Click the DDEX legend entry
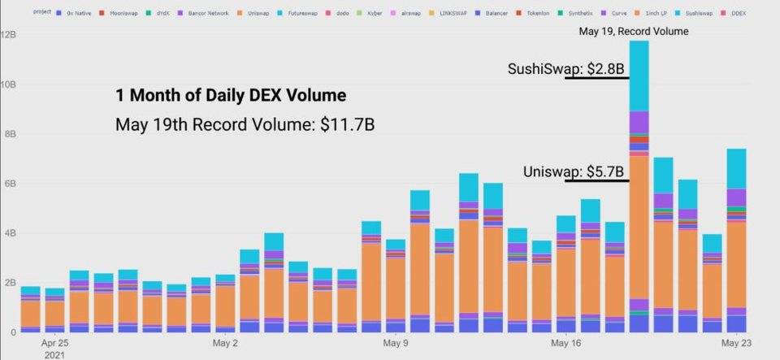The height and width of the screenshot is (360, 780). click(x=738, y=14)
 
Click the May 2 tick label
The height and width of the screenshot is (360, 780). click(x=224, y=344)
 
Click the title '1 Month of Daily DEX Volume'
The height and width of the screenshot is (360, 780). click(x=230, y=96)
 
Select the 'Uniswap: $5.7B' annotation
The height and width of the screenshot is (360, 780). click(x=574, y=171)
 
